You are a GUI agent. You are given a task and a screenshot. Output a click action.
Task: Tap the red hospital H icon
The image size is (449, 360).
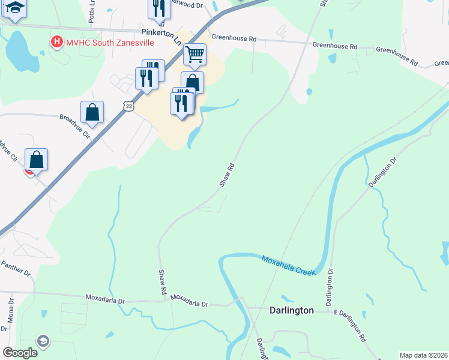tap(56, 42)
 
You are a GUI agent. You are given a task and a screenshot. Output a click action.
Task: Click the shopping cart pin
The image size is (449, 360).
tap(194, 55)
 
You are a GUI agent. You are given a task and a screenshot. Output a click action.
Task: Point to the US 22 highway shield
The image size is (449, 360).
tap(128, 106)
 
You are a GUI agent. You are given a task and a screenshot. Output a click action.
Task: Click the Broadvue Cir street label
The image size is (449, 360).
tap(74, 125)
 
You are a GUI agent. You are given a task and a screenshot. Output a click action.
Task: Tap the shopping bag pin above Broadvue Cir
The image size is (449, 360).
tap(92, 112)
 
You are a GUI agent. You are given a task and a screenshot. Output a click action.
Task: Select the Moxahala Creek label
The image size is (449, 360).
tap(288, 265)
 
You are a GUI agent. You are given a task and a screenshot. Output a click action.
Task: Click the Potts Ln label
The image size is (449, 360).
tap(92, 14)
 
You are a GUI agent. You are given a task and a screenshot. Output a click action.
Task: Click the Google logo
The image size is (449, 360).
tap(20, 352)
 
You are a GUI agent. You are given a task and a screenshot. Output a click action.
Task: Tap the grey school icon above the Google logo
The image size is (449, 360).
tap(43, 341)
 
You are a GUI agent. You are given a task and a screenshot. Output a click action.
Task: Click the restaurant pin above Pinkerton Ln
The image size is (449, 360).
tap(158, 8)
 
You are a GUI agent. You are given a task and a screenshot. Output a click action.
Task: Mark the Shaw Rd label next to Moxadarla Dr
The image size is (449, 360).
tap(162, 281)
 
